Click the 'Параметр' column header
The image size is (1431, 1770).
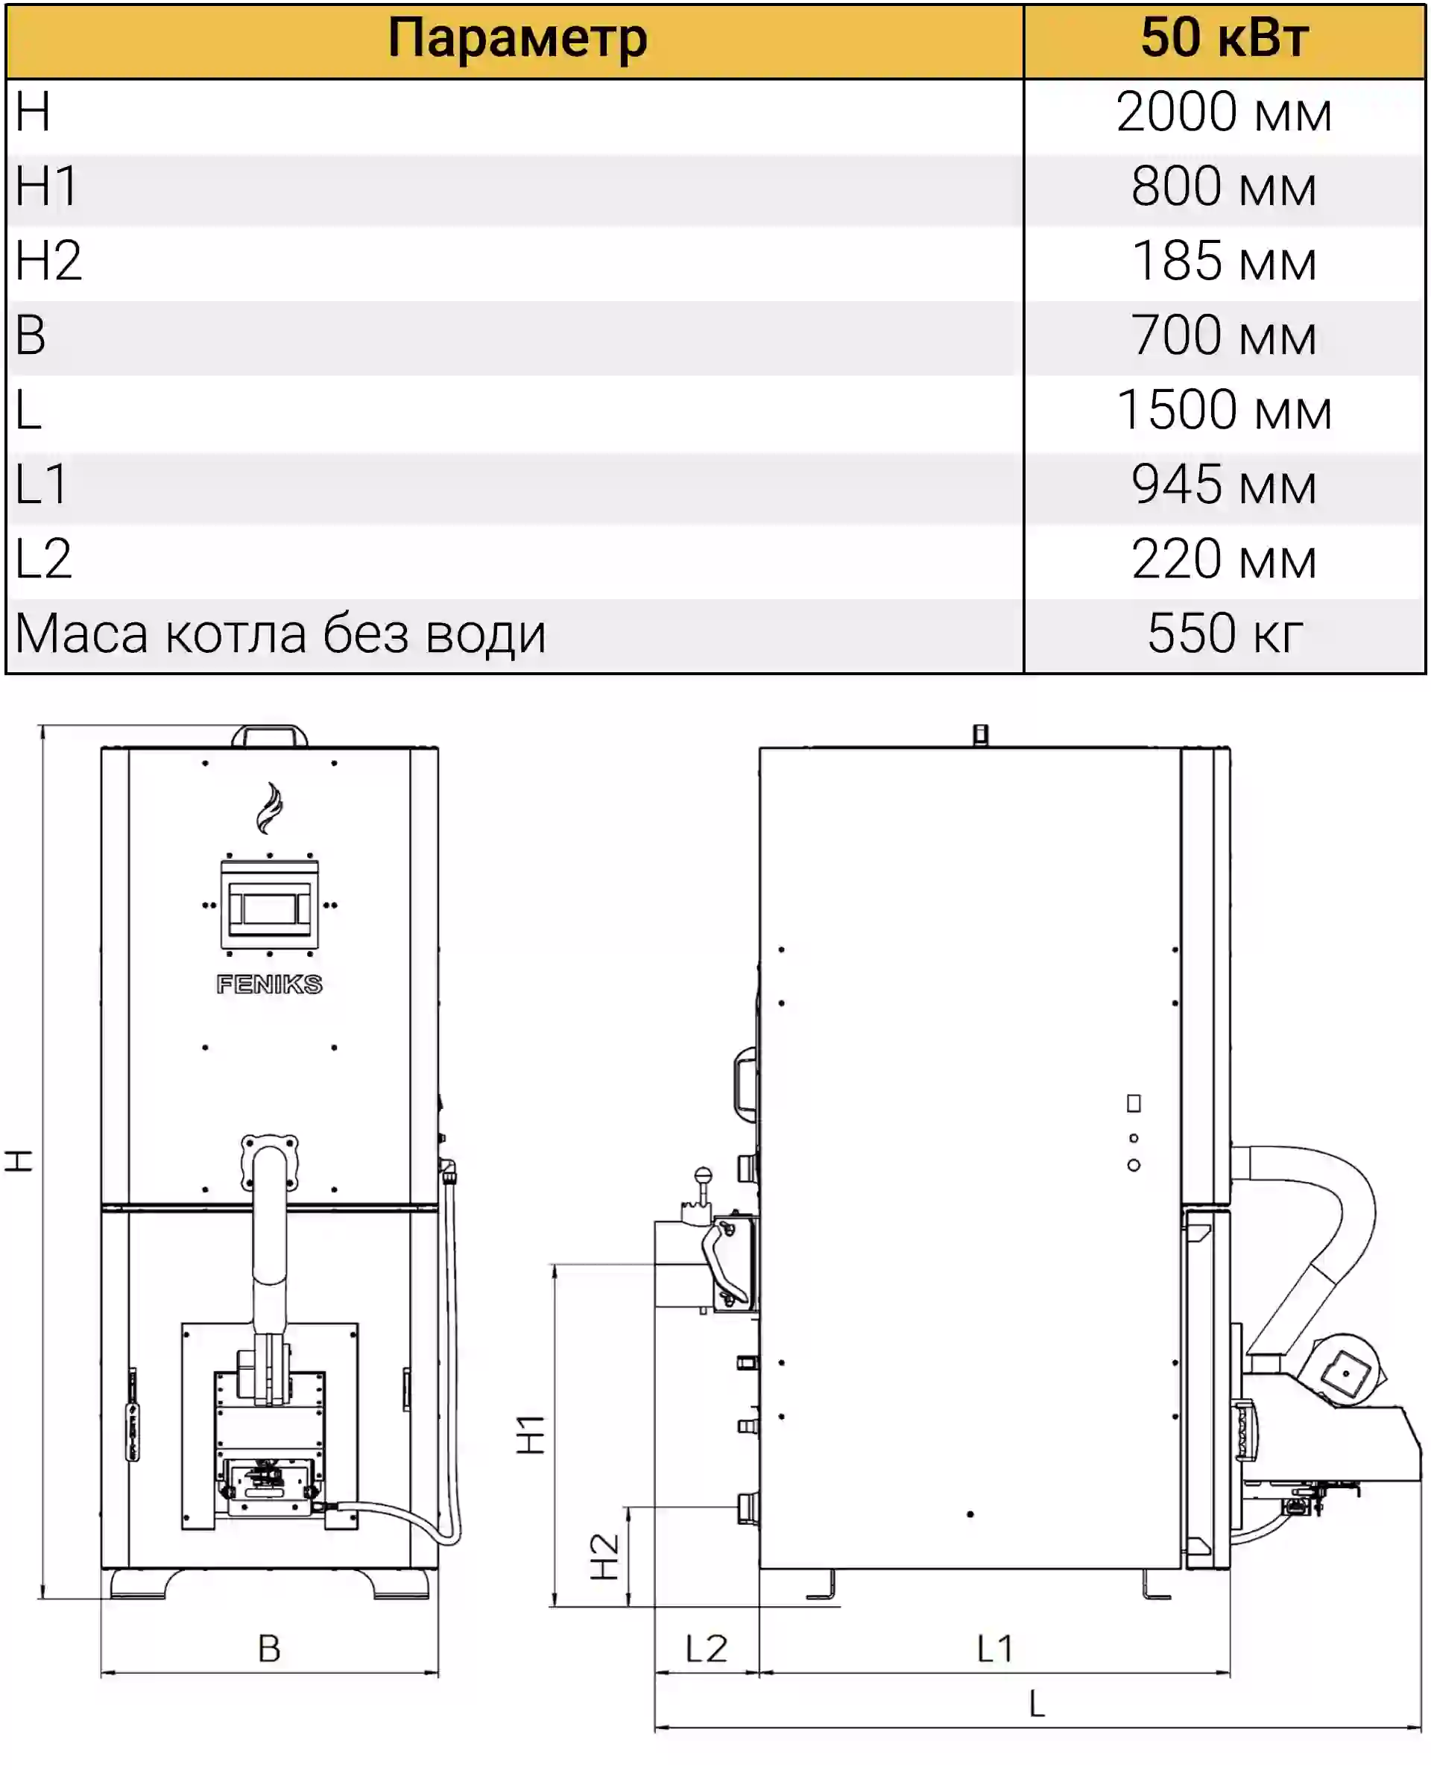[518, 39]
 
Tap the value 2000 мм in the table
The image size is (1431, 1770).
[1224, 112]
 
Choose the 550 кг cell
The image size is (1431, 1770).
[1226, 633]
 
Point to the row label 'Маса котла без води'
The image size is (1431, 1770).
[281, 634]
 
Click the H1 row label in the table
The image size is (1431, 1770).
[47, 186]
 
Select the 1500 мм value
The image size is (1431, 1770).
[1224, 411]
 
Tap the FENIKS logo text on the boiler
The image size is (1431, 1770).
[270, 984]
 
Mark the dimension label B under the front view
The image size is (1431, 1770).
[270, 1649]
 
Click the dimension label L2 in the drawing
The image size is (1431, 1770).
[707, 1649]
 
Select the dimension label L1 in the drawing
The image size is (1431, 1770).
[995, 1649]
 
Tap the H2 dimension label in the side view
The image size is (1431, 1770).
[605, 1557]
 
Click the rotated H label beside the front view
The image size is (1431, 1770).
[18, 1161]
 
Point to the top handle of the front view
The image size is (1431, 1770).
[270, 735]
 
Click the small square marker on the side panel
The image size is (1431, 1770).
[1134, 1104]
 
